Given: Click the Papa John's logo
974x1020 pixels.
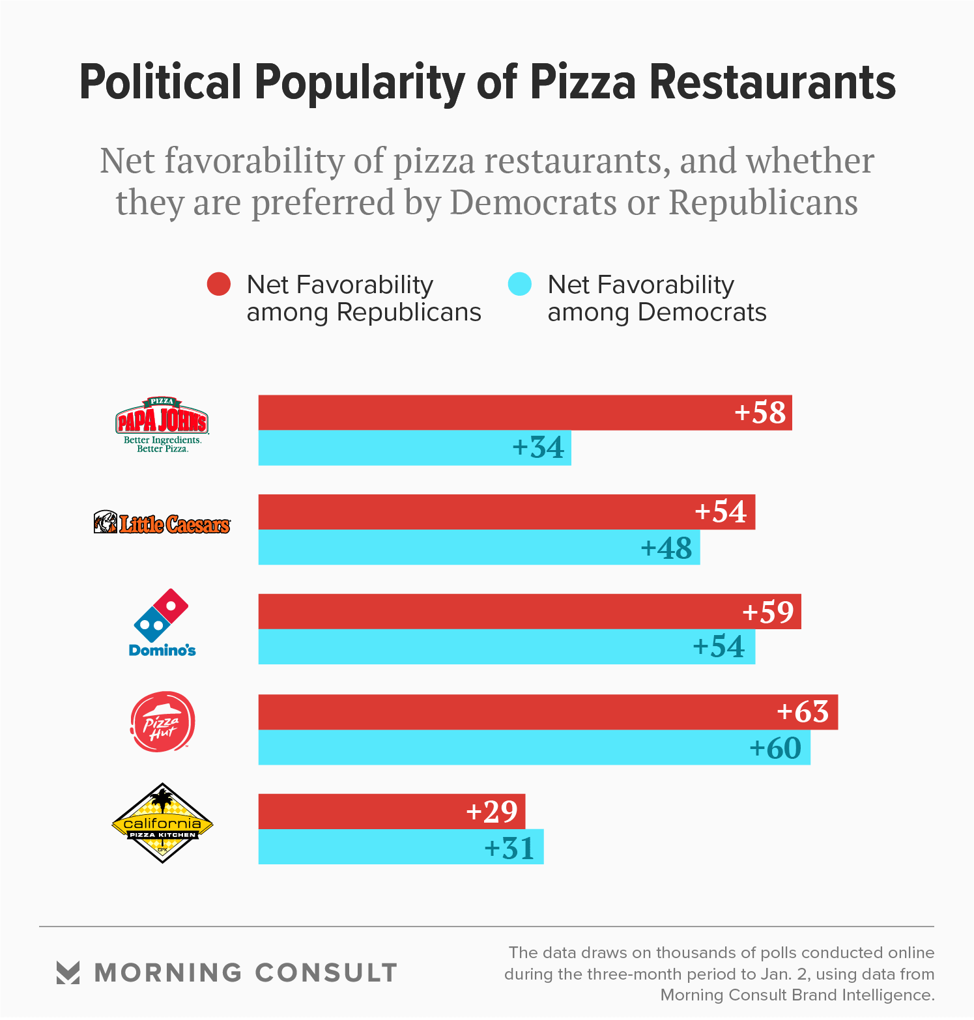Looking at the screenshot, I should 162,424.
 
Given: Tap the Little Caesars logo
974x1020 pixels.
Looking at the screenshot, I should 162,523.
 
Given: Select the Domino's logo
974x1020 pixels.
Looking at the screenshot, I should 162,623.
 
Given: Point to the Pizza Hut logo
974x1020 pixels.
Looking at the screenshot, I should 162,722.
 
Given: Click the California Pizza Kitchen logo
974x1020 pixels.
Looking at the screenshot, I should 162,823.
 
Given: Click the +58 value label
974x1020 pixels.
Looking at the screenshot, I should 760,412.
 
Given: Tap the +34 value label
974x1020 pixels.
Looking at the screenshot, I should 538,447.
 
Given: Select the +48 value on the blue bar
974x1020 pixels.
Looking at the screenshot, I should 666,548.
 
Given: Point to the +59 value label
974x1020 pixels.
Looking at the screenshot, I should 767,612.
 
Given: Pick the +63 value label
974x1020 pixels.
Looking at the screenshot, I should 803,712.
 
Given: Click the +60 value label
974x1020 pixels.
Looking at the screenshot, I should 775,748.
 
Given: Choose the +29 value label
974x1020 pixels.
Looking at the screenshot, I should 492,812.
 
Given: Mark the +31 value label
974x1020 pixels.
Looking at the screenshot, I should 509,848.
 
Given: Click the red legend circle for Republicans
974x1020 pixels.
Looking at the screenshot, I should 219,284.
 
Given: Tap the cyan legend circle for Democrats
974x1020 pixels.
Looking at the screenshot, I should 520,284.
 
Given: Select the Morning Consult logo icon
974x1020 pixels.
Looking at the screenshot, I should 68,972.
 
